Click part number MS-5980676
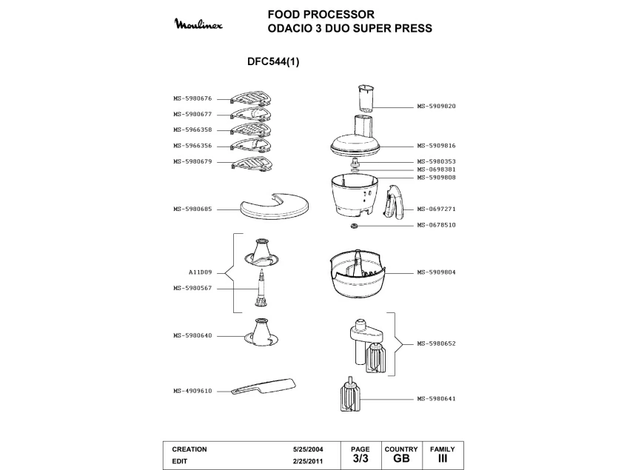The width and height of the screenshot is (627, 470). [x=192, y=98]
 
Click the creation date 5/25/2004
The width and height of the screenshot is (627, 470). [x=308, y=449]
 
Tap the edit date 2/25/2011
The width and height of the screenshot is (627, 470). [x=308, y=460]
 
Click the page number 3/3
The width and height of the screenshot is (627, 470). [x=361, y=458]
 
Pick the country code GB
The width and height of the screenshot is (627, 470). [x=401, y=458]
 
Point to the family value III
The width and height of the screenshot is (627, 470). [x=443, y=458]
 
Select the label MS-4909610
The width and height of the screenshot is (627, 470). [x=192, y=391]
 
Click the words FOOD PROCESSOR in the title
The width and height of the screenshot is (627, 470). [x=321, y=14]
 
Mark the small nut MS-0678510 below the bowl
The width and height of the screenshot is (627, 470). [x=355, y=225]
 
